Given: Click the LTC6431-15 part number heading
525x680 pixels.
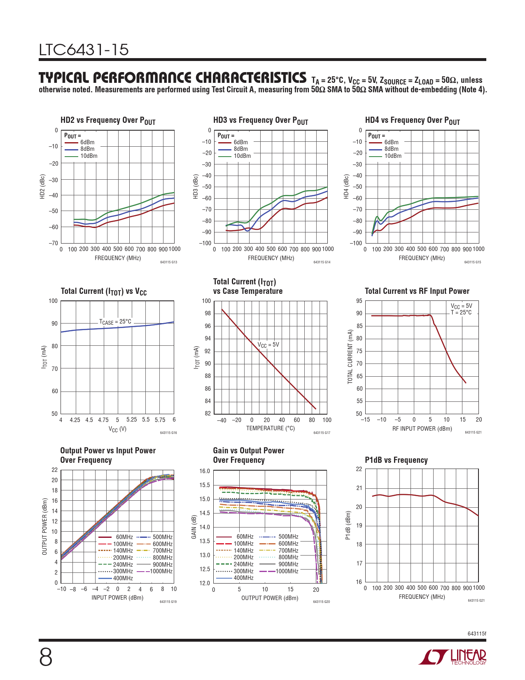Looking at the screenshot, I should point(84,50).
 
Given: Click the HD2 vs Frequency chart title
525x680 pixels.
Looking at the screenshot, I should point(108,120).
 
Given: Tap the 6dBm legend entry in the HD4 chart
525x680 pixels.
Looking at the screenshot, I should point(391,142).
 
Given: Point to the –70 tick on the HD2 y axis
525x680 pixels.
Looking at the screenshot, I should point(54,243).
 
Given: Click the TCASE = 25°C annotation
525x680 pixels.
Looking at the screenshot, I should point(115,322).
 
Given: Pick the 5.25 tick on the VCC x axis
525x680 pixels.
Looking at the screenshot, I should point(131,420).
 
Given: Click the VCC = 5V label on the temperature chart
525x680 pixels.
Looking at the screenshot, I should point(268,345).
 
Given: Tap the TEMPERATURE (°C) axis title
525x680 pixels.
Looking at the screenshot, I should point(270,428).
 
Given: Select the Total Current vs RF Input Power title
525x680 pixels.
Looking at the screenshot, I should point(417,291).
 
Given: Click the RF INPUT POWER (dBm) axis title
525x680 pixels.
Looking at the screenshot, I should point(422,429).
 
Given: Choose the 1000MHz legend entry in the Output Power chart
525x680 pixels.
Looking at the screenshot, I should point(161,571).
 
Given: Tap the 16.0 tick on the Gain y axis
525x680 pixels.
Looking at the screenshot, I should point(205,471).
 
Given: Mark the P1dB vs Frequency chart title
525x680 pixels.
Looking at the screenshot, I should point(396,460).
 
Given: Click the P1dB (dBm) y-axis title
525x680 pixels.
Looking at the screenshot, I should point(348,525).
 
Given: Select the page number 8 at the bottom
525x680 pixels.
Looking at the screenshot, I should point(46,657).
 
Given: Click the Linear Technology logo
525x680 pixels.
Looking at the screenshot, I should point(452,657).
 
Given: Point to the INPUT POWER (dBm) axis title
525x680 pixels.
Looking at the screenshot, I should point(117,598).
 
